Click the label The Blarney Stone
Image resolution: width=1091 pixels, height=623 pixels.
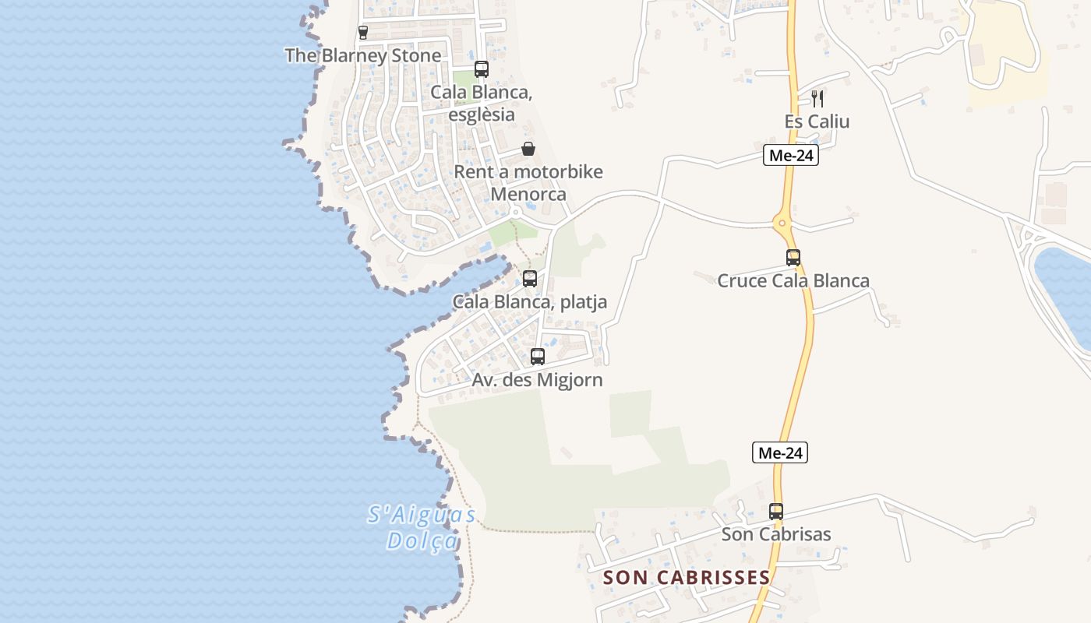[363, 55]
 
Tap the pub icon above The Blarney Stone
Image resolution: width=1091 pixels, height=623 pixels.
[363, 32]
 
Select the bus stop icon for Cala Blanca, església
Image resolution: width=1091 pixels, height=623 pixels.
[482, 69]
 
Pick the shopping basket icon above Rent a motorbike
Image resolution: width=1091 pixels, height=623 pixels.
[528, 149]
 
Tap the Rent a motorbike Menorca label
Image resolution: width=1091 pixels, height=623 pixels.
[528, 183]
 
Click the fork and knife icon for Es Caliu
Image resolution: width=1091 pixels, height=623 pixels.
[817, 98]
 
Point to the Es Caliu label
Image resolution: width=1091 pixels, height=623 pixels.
[817, 121]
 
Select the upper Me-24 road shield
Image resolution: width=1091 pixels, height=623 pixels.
[790, 156]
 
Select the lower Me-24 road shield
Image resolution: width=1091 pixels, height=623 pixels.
[779, 452]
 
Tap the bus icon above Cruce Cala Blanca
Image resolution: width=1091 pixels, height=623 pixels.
[793, 258]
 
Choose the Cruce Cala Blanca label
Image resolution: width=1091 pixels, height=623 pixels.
[793, 281]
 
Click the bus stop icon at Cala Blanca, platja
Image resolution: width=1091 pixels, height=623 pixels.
[530, 279]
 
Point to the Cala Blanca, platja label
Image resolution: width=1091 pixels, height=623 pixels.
[530, 302]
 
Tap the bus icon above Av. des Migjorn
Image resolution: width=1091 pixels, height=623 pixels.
[538, 357]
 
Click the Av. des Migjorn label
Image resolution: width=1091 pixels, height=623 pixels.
[538, 380]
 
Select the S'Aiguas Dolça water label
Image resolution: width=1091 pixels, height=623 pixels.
[422, 527]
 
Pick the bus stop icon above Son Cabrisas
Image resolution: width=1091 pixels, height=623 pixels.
[776, 512]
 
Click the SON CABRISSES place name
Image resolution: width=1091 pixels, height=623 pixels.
[687, 577]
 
